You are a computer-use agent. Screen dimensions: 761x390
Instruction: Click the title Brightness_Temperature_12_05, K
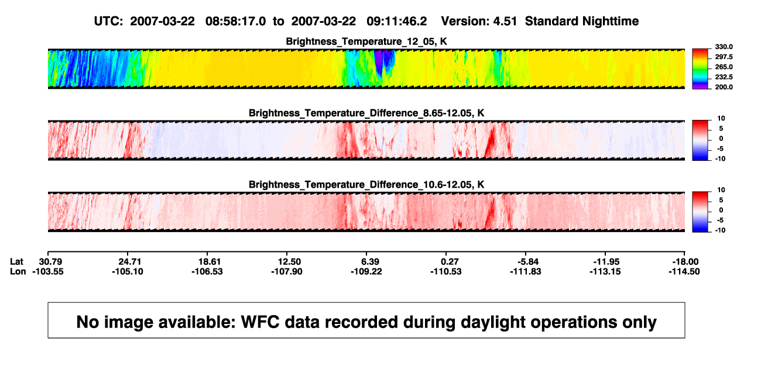[x=366, y=42]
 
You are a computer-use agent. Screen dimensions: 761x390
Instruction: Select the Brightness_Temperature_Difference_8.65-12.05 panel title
[x=366, y=113]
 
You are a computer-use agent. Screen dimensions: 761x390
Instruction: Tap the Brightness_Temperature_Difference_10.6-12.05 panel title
[x=366, y=185]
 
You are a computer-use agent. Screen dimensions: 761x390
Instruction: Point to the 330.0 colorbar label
[x=724, y=47]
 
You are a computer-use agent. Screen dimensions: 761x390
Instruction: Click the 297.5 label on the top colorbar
[x=724, y=57]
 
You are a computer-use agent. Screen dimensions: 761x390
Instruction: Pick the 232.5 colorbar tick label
[x=724, y=77]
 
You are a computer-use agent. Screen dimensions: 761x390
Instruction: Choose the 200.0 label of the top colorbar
[x=724, y=87]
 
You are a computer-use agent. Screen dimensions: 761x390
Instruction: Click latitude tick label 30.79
[x=50, y=262]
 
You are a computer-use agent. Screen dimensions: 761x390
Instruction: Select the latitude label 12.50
[x=289, y=262]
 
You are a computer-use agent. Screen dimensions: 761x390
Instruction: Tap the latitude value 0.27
[x=450, y=262]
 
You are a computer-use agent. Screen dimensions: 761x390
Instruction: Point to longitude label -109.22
[x=366, y=271]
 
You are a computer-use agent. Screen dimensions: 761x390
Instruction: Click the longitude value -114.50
[x=684, y=271]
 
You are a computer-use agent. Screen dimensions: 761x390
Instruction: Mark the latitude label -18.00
[x=685, y=262]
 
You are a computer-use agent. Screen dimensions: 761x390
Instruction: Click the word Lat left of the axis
[x=16, y=262]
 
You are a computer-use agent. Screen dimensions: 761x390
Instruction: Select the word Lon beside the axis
[x=18, y=271]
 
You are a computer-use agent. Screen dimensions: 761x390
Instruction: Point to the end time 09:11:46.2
[x=397, y=21]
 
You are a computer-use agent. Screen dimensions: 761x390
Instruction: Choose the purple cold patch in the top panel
[x=379, y=61]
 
